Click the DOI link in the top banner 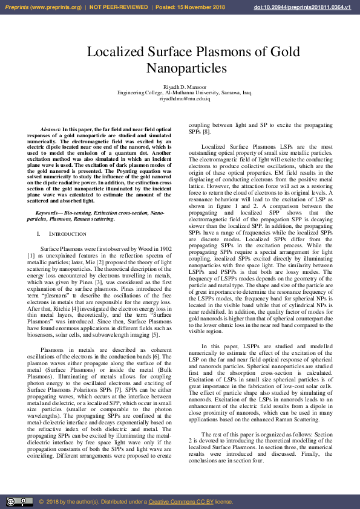(311, 7)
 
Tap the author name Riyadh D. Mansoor (185, 88)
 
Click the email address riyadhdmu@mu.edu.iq (185, 99)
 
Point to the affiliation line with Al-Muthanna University (185, 93)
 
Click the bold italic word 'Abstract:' (51, 130)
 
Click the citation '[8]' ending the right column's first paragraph (206, 131)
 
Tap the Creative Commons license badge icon (19, 502)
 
